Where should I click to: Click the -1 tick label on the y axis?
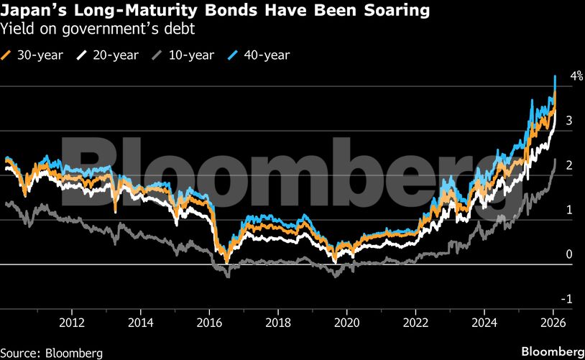pos(568,299)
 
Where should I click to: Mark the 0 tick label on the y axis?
pos(569,254)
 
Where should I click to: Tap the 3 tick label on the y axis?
pos(569,121)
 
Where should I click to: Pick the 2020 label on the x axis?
pos(348,323)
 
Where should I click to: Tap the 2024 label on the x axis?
pos(485,323)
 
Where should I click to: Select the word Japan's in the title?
pos(31,11)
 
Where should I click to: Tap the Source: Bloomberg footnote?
pos(52,353)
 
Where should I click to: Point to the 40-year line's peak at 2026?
pos(555,76)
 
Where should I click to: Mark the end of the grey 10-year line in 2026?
pos(556,160)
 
